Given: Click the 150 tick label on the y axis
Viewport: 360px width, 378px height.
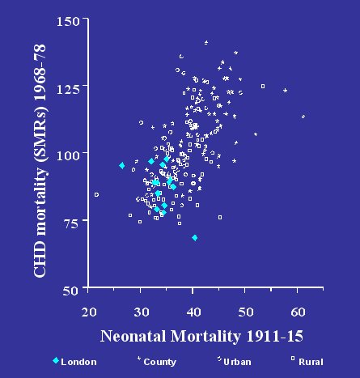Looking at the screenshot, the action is pos(68,21).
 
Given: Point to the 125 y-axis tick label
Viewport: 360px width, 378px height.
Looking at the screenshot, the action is pos(68,89).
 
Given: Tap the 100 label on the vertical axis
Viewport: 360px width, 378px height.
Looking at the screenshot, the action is pos(68,156).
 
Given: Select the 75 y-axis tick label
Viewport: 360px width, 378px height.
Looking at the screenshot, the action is pos(71,223).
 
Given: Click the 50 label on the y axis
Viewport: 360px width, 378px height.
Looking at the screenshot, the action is pos(70,291).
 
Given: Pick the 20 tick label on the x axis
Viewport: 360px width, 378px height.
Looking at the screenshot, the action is pos(89,312).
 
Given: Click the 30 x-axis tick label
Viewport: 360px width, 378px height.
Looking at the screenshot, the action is pos(142,312).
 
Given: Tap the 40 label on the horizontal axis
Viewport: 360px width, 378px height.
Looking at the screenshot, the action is pos(193,312).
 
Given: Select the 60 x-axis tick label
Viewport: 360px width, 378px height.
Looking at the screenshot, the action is pos(298,312).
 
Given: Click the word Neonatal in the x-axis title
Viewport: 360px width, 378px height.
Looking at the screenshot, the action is pos(133,337).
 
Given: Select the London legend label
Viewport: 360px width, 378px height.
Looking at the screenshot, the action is pos(78,362).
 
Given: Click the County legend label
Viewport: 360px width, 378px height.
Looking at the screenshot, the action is pos(159,362).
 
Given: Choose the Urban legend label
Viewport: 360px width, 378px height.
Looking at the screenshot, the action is pos(237,362).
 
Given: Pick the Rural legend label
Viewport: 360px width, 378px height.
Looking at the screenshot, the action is pos(311,362).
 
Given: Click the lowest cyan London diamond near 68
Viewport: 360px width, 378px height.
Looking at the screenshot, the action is pos(195,238).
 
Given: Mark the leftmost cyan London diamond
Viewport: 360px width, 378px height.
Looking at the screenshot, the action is pos(122,165).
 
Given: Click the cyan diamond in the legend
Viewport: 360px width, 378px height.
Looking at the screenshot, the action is pos(56,360).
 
